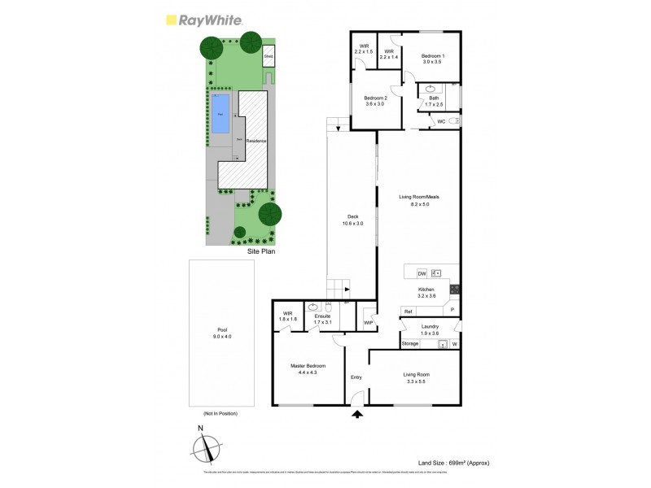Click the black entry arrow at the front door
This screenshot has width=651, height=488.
356,415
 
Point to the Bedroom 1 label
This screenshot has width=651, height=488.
431,58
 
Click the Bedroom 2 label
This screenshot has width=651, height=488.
375,101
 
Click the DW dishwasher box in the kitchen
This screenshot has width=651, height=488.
422,273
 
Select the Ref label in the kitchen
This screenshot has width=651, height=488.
409,312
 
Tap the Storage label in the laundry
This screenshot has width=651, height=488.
410,344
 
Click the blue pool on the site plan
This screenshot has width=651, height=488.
221,114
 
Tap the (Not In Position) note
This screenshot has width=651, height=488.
221,413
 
